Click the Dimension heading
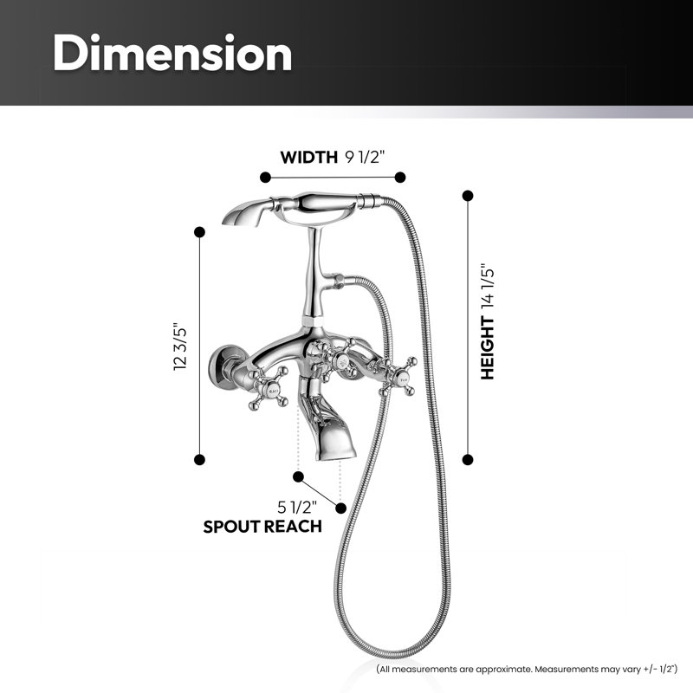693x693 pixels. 172,53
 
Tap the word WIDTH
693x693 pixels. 309,158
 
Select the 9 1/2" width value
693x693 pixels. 366,157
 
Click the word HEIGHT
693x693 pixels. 488,348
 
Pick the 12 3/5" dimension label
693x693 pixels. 181,346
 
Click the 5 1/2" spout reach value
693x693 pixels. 297,507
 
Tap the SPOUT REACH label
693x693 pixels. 262,527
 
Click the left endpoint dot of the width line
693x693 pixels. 265,178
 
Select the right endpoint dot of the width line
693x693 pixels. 400,178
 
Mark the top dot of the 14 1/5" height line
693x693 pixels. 468,196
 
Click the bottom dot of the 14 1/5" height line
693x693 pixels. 468,460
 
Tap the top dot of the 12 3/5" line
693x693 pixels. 199,232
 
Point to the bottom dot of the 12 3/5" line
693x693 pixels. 199,460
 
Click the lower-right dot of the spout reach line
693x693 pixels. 340,508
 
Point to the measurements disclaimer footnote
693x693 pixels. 527,669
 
